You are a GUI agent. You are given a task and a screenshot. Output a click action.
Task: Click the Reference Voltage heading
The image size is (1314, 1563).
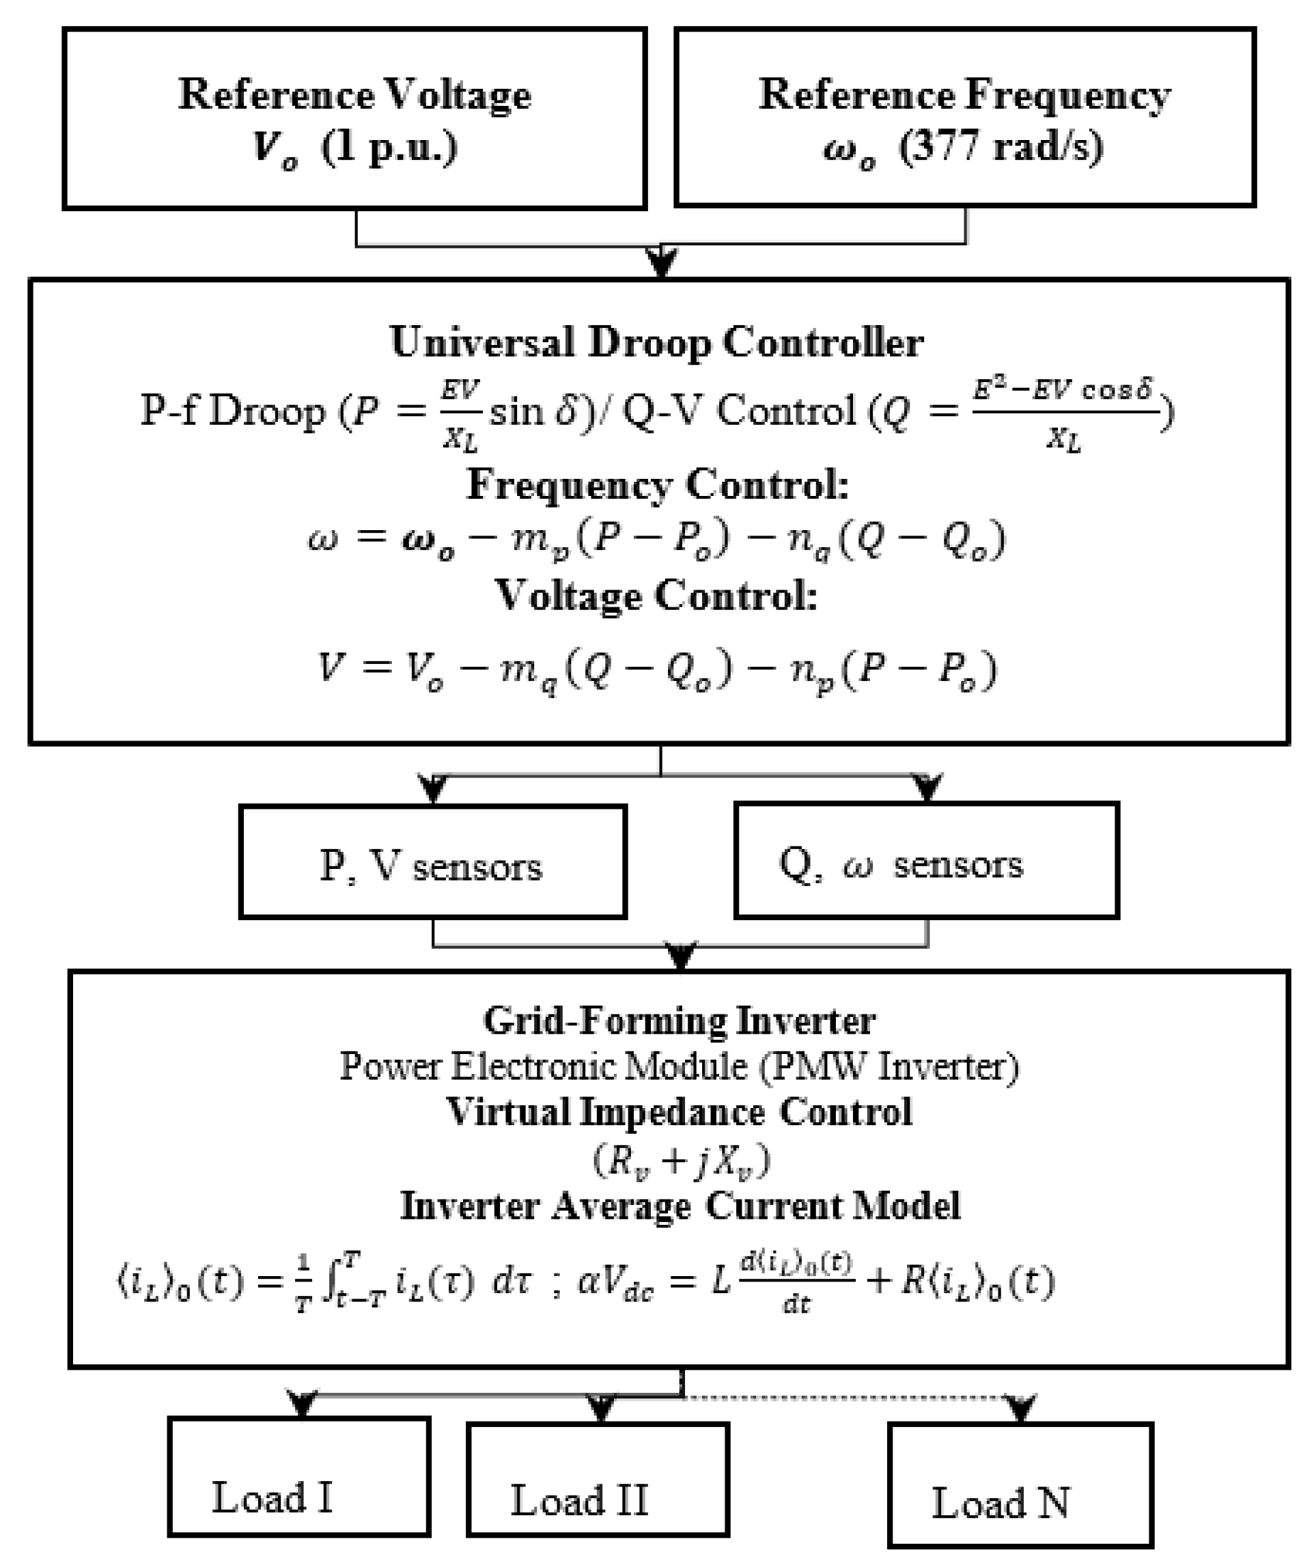point(354,96)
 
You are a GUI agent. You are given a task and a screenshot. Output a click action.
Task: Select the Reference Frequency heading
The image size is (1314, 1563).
point(964,96)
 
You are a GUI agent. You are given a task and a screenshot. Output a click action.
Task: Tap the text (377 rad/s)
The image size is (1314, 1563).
point(1002,147)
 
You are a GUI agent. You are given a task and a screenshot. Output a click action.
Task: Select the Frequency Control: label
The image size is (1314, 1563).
point(657,485)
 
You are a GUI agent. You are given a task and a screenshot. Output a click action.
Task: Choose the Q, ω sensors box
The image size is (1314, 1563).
point(926,861)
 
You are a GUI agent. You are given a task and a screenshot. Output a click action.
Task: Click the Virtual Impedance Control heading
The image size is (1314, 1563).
point(680,1112)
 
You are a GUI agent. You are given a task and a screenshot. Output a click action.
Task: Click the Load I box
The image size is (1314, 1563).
point(298,1478)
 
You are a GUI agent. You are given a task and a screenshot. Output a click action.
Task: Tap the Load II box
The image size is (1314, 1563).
point(598,1480)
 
